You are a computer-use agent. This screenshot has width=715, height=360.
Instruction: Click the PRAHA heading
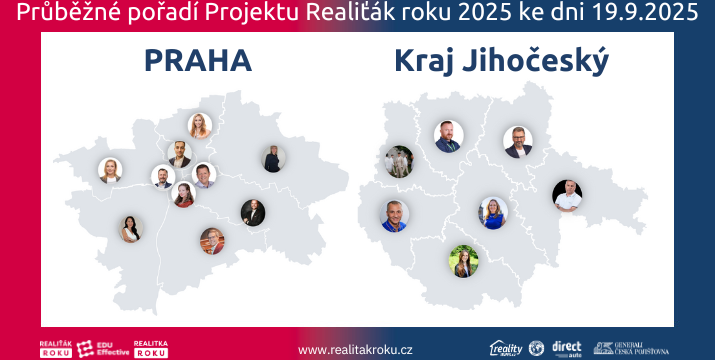click(x=197, y=61)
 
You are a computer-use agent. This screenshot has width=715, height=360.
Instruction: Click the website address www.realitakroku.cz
click(x=355, y=349)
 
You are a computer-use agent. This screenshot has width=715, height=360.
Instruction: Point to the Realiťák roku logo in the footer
click(x=54, y=347)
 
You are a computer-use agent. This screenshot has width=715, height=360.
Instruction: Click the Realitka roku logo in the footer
click(x=150, y=347)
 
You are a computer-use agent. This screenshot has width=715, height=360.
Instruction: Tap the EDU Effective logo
click(x=101, y=347)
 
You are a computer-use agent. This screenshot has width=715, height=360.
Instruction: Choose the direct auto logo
click(x=566, y=348)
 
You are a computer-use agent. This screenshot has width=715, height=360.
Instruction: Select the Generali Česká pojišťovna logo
click(x=623, y=348)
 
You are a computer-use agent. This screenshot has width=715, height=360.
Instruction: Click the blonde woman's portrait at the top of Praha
click(x=200, y=125)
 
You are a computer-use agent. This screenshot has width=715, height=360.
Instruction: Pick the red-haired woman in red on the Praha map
click(x=183, y=194)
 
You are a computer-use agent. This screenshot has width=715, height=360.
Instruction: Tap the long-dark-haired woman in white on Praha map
click(x=131, y=229)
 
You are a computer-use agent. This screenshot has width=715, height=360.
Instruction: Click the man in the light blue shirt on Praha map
click(x=204, y=176)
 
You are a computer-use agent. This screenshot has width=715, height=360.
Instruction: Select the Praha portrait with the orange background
click(x=212, y=240)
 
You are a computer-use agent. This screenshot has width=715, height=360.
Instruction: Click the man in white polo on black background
click(x=567, y=194)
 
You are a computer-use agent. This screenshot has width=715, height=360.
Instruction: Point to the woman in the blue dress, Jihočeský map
click(x=493, y=212)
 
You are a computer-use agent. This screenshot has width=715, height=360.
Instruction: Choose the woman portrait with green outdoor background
click(x=463, y=260)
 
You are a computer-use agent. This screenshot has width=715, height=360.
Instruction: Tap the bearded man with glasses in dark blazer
click(x=518, y=142)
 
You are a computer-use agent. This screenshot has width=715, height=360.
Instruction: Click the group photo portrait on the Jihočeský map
click(x=399, y=161)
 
